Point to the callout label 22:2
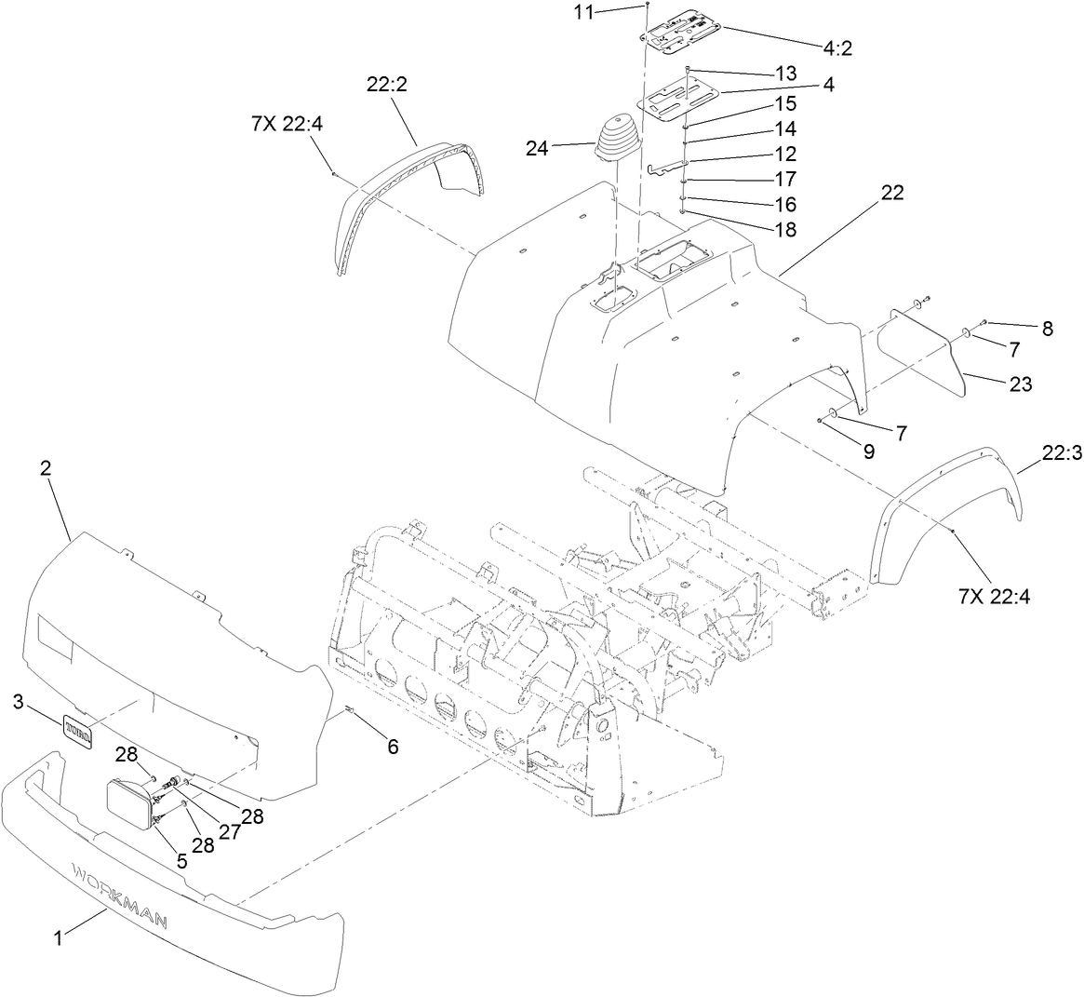(x=387, y=83)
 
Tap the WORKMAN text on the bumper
(x=121, y=895)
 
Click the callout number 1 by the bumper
(x=59, y=939)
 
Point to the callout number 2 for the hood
(x=45, y=469)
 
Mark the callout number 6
(x=393, y=746)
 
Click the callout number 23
(x=1021, y=383)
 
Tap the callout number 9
(x=868, y=451)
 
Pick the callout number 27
(x=229, y=831)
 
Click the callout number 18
(x=785, y=229)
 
